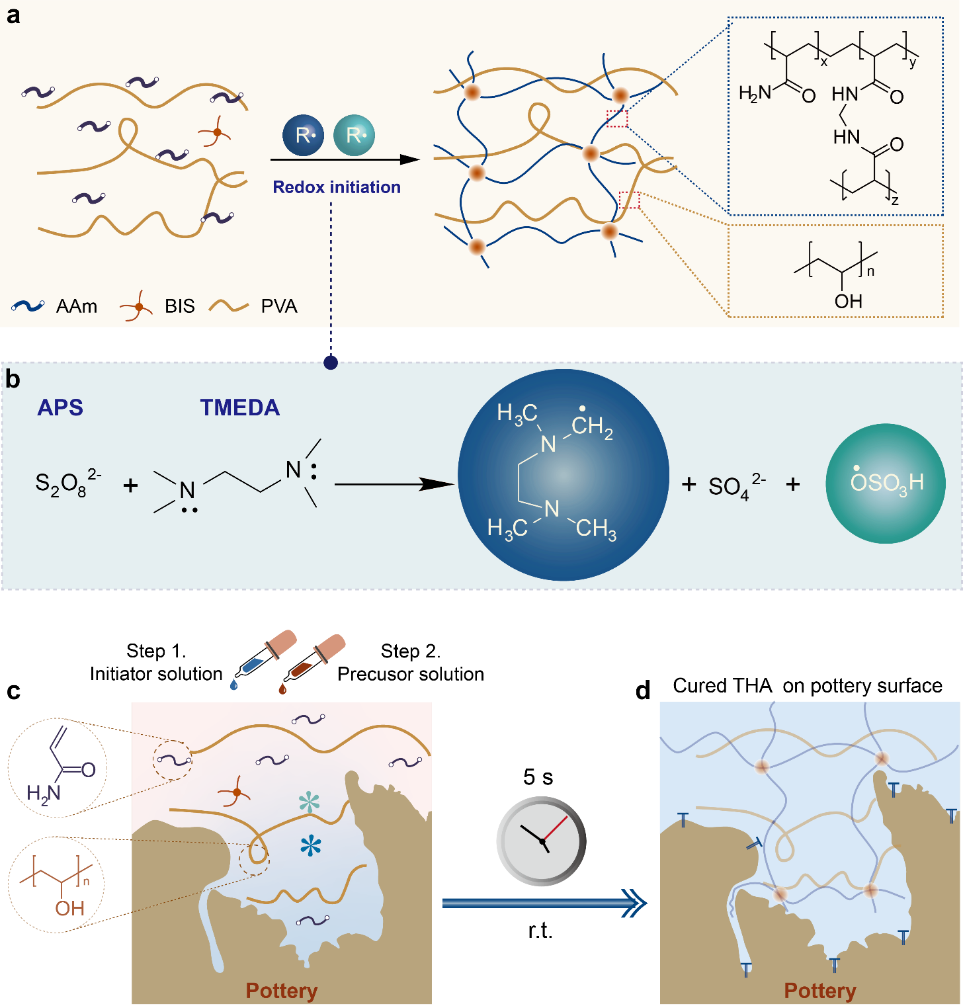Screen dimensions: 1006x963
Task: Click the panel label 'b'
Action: coord(13,380)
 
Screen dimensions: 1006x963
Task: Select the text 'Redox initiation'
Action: coord(337,187)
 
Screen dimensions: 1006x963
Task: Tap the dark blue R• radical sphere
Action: coord(303,135)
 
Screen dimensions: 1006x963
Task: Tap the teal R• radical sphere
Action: coord(354,135)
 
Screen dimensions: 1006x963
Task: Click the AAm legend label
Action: coord(77,306)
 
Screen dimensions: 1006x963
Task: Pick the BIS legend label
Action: coord(180,306)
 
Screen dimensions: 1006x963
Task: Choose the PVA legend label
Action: coord(279,306)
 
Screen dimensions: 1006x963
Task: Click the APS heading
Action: coord(60,407)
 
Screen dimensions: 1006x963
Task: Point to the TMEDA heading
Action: coord(240,407)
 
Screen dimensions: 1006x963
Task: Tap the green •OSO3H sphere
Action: coord(886,483)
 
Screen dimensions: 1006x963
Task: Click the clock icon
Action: coord(542,841)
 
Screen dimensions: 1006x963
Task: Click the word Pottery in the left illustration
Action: coord(282,990)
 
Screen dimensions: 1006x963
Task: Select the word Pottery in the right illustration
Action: coord(820,990)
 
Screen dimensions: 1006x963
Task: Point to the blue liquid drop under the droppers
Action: coord(233,685)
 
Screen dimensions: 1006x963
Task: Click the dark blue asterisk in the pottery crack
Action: coord(310,845)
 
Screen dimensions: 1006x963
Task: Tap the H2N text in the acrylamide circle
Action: coord(44,792)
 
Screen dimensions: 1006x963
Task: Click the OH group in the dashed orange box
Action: coord(849,302)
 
